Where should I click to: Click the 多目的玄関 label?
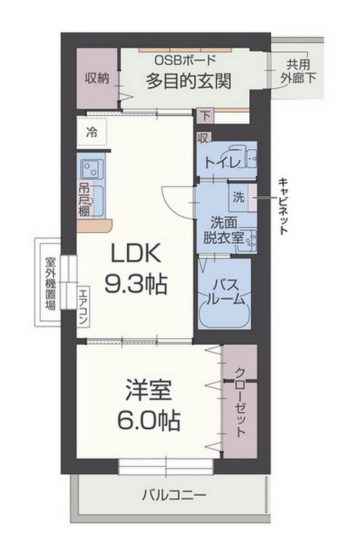pos(188,81)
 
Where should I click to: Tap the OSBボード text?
pos(188,60)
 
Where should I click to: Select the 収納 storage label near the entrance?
pos(97,79)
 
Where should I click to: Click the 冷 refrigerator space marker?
pos(92,132)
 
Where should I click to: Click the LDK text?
pos(136,254)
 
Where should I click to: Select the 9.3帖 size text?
pos(136,283)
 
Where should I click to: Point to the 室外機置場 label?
pos(50,283)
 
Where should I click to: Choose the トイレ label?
pos(222,163)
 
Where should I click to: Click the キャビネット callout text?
pos(283,206)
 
